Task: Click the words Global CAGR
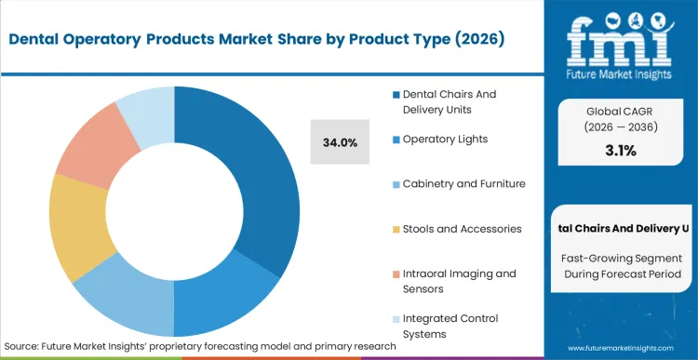pos(621,109)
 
